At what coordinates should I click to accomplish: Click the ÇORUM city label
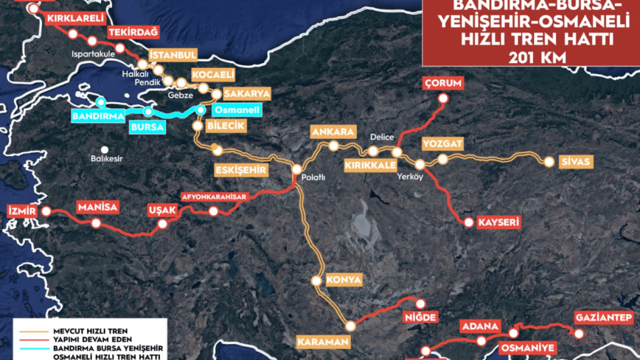[442, 83]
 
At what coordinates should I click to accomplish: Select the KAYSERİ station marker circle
[468, 222]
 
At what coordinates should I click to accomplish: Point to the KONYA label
[343, 280]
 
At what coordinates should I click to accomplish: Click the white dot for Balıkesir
[104, 149]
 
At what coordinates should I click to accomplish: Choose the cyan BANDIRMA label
[98, 116]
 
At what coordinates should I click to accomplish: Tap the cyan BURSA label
[147, 127]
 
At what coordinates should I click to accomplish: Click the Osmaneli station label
[236, 110]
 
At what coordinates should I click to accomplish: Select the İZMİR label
[21, 211]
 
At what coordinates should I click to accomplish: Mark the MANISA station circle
[96, 223]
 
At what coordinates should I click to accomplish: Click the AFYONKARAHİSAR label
[214, 197]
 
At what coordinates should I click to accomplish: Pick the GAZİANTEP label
[604, 317]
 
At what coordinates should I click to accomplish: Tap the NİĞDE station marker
[420, 303]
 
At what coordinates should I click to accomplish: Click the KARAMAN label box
[322, 342]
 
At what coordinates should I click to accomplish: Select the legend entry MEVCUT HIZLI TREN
[90, 331]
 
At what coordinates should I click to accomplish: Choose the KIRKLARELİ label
[75, 19]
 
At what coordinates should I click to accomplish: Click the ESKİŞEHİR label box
[241, 170]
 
